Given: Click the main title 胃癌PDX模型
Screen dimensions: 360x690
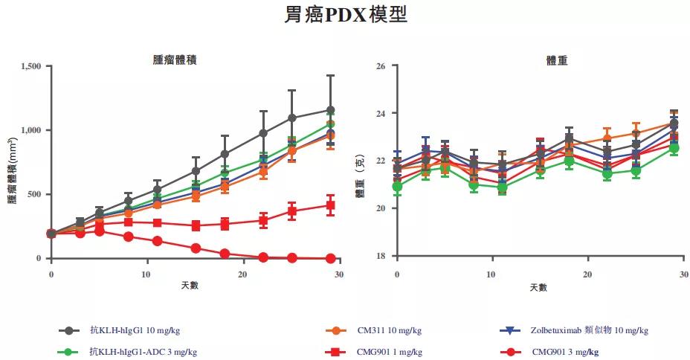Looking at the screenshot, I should point(346,15).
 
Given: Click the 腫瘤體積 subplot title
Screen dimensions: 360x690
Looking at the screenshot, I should point(175,60).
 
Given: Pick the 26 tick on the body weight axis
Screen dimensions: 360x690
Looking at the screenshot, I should point(381,66).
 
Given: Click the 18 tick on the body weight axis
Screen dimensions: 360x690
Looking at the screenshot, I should point(381,256).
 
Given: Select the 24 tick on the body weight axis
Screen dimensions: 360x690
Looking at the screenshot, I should point(381,114).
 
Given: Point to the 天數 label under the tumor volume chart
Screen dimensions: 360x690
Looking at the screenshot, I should point(189,286).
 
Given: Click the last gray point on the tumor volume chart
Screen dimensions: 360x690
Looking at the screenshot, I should point(330,110).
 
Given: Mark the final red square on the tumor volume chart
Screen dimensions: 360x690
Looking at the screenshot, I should point(330,205).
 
